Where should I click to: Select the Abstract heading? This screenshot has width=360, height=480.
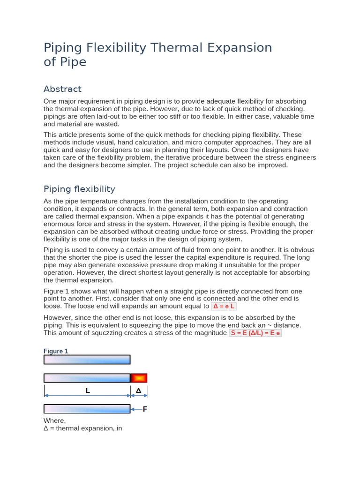coord(62,89)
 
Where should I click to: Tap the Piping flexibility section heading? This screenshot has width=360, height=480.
coord(79,189)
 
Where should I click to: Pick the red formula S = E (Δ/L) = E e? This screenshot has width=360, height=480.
coord(255,333)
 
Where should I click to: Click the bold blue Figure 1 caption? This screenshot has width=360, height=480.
coord(56,351)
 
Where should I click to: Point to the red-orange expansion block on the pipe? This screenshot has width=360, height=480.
coord(139,378)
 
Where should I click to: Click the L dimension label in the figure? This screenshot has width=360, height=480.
coord(87,391)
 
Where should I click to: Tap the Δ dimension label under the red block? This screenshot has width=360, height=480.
coord(138,391)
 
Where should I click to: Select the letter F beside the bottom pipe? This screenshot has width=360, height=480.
coord(145,409)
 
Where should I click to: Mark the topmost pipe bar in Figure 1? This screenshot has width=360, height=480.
coord(87,360)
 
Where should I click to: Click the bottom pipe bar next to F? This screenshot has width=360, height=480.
coord(87,409)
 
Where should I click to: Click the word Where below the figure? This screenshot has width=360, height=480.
coord(54,420)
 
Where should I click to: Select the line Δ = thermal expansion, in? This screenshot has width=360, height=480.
coord(82,428)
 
